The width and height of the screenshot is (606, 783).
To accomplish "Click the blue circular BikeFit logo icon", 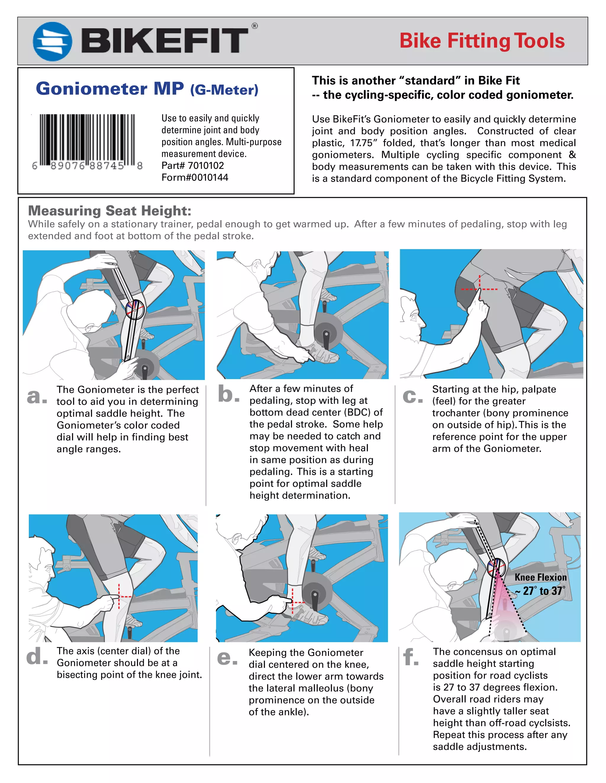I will [52, 41].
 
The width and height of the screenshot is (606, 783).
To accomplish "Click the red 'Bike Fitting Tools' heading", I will [482, 41].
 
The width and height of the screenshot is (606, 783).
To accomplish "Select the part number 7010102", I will [206, 166].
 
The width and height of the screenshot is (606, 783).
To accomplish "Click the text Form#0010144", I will [195, 178].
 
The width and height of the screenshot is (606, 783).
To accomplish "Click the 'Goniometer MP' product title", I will [110, 89].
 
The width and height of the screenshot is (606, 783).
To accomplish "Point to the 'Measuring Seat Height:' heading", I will [109, 211].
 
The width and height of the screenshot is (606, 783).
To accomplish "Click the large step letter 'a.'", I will [37, 396].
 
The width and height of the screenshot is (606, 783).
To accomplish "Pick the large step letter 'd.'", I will [37, 657].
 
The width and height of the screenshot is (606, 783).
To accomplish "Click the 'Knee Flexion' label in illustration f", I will [540, 578].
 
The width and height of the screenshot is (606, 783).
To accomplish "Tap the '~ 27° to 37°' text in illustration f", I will [540, 591].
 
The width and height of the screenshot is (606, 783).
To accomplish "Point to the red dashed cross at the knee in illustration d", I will [120, 597].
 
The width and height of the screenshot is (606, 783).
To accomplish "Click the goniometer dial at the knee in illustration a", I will [135, 309].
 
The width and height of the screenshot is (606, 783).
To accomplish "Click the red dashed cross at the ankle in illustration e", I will [293, 603].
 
